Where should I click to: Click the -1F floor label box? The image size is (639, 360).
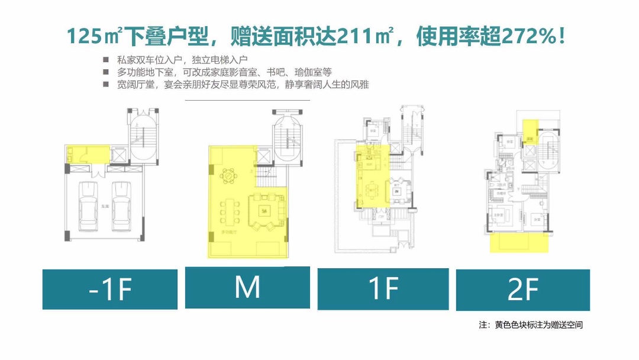(x=109, y=289)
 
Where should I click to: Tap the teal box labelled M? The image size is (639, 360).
(x=247, y=287)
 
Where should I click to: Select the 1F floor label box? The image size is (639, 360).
(x=383, y=289)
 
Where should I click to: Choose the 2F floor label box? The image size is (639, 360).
(x=522, y=290)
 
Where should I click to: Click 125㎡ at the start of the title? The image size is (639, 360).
(x=95, y=37)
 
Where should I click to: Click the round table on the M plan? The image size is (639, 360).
(x=227, y=175)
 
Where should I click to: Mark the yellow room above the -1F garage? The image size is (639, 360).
(x=89, y=155)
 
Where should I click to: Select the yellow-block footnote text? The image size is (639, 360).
(x=534, y=325)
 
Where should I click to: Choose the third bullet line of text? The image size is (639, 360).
(x=243, y=85)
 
